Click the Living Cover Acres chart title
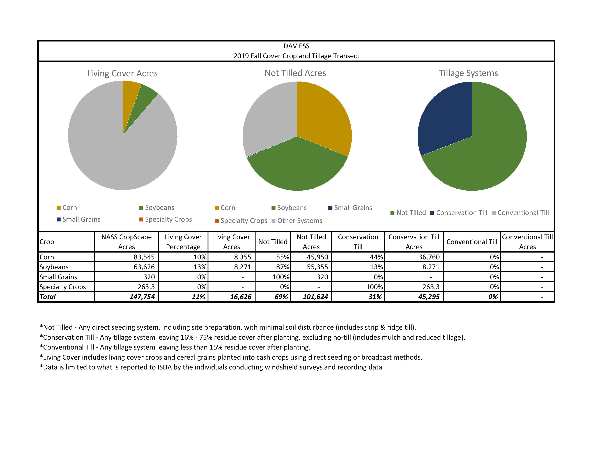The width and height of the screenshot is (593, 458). pos(122,73)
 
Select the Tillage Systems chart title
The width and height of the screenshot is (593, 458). pos(468,73)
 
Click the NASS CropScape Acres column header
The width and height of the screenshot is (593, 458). pos(127,242)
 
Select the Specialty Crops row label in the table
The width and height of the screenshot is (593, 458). pos(63,287)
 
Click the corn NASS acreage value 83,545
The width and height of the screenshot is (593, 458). pos(144,257)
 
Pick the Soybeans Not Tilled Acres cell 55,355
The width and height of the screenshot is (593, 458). pos(317,267)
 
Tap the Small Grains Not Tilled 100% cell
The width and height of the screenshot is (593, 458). pos(281,277)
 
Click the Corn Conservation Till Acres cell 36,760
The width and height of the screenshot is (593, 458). pos(429,257)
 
